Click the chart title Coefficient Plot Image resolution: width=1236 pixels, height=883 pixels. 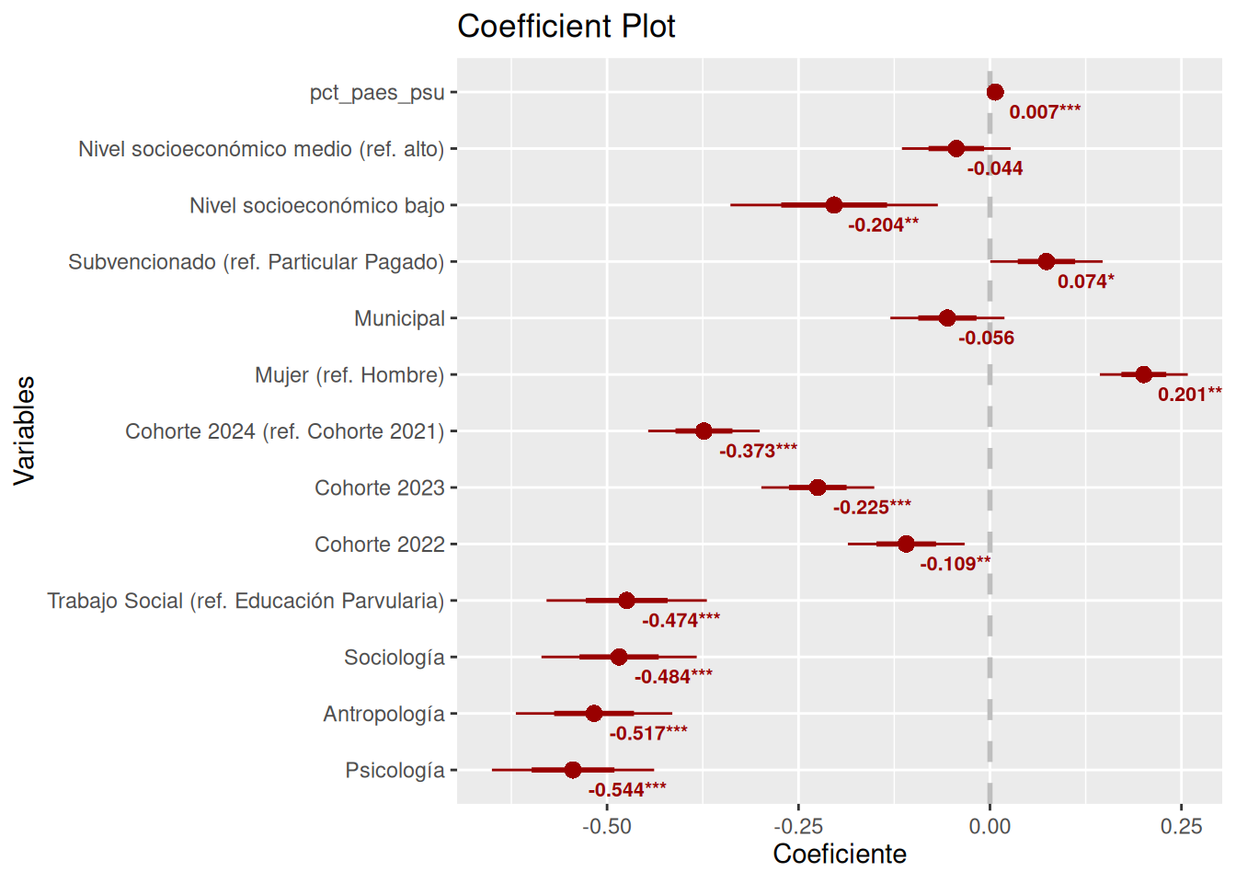(x=566, y=26)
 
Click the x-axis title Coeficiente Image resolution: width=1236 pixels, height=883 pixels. (x=839, y=854)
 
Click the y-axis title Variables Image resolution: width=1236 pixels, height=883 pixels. (x=24, y=430)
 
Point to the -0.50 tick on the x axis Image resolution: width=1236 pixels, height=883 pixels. (x=607, y=826)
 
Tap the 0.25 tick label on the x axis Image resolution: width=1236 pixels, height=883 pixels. (x=1181, y=826)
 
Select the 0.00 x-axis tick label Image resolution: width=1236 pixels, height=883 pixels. (x=990, y=826)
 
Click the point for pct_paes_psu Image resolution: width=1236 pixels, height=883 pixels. (x=995, y=92)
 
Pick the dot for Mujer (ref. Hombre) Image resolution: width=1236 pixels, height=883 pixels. (x=1143, y=374)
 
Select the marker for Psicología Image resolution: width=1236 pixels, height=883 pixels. (x=573, y=770)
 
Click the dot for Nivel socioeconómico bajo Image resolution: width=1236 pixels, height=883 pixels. (x=834, y=205)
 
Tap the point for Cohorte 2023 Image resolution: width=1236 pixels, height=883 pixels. (x=818, y=487)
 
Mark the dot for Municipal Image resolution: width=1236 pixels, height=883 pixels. (x=947, y=318)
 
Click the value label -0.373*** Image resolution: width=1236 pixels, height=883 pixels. (x=758, y=451)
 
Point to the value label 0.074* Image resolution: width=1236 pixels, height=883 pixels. (x=1085, y=281)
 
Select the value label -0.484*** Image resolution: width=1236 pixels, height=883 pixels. (x=673, y=677)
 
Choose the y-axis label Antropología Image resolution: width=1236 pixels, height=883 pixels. (x=383, y=714)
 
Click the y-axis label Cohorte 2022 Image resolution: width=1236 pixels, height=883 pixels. (x=379, y=545)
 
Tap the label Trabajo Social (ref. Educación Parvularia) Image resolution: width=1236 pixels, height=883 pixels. (x=246, y=601)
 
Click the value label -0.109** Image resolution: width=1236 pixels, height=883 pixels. (x=955, y=564)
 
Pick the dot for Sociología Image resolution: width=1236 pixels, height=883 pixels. (x=619, y=657)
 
